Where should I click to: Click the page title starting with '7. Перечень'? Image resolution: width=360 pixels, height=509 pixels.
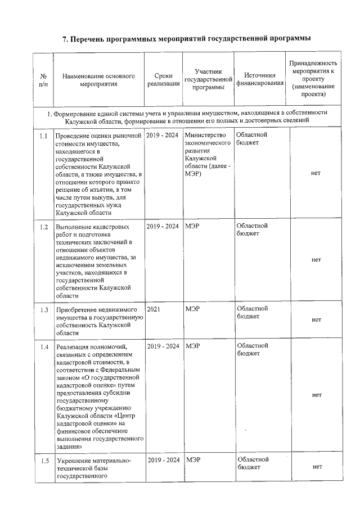coord(186,39)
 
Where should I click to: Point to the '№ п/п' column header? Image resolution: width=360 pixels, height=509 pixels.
coord(43,80)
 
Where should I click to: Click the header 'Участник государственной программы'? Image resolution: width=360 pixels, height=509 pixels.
coord(208,80)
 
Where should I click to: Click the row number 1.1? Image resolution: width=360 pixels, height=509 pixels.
coord(43,137)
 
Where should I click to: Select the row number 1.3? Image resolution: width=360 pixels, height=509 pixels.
coord(43,310)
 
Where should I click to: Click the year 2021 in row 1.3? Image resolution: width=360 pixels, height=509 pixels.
coord(154,309)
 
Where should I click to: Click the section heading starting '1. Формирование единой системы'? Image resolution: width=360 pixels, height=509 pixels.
coord(186,116)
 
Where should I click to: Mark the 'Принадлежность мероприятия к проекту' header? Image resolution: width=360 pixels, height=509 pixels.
coord(313,79)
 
